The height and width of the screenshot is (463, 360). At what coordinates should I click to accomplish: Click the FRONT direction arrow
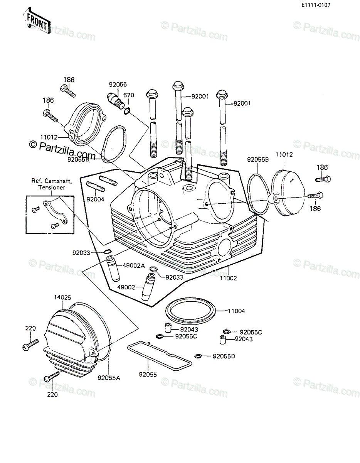coord(37,21)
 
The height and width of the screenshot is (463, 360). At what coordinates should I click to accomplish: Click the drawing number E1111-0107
coord(316,5)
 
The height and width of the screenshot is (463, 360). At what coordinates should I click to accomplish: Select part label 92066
coord(118,84)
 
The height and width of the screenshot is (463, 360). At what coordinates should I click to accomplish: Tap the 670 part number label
coord(129,95)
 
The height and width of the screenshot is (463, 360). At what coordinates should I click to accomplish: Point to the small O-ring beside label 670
coord(126,111)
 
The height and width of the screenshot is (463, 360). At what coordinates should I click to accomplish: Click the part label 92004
coord(95,199)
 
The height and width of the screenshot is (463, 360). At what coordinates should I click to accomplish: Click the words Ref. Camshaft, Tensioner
coord(52,184)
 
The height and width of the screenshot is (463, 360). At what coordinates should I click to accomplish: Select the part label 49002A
coord(134,265)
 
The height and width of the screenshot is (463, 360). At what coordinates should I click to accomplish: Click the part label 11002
coord(228,278)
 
